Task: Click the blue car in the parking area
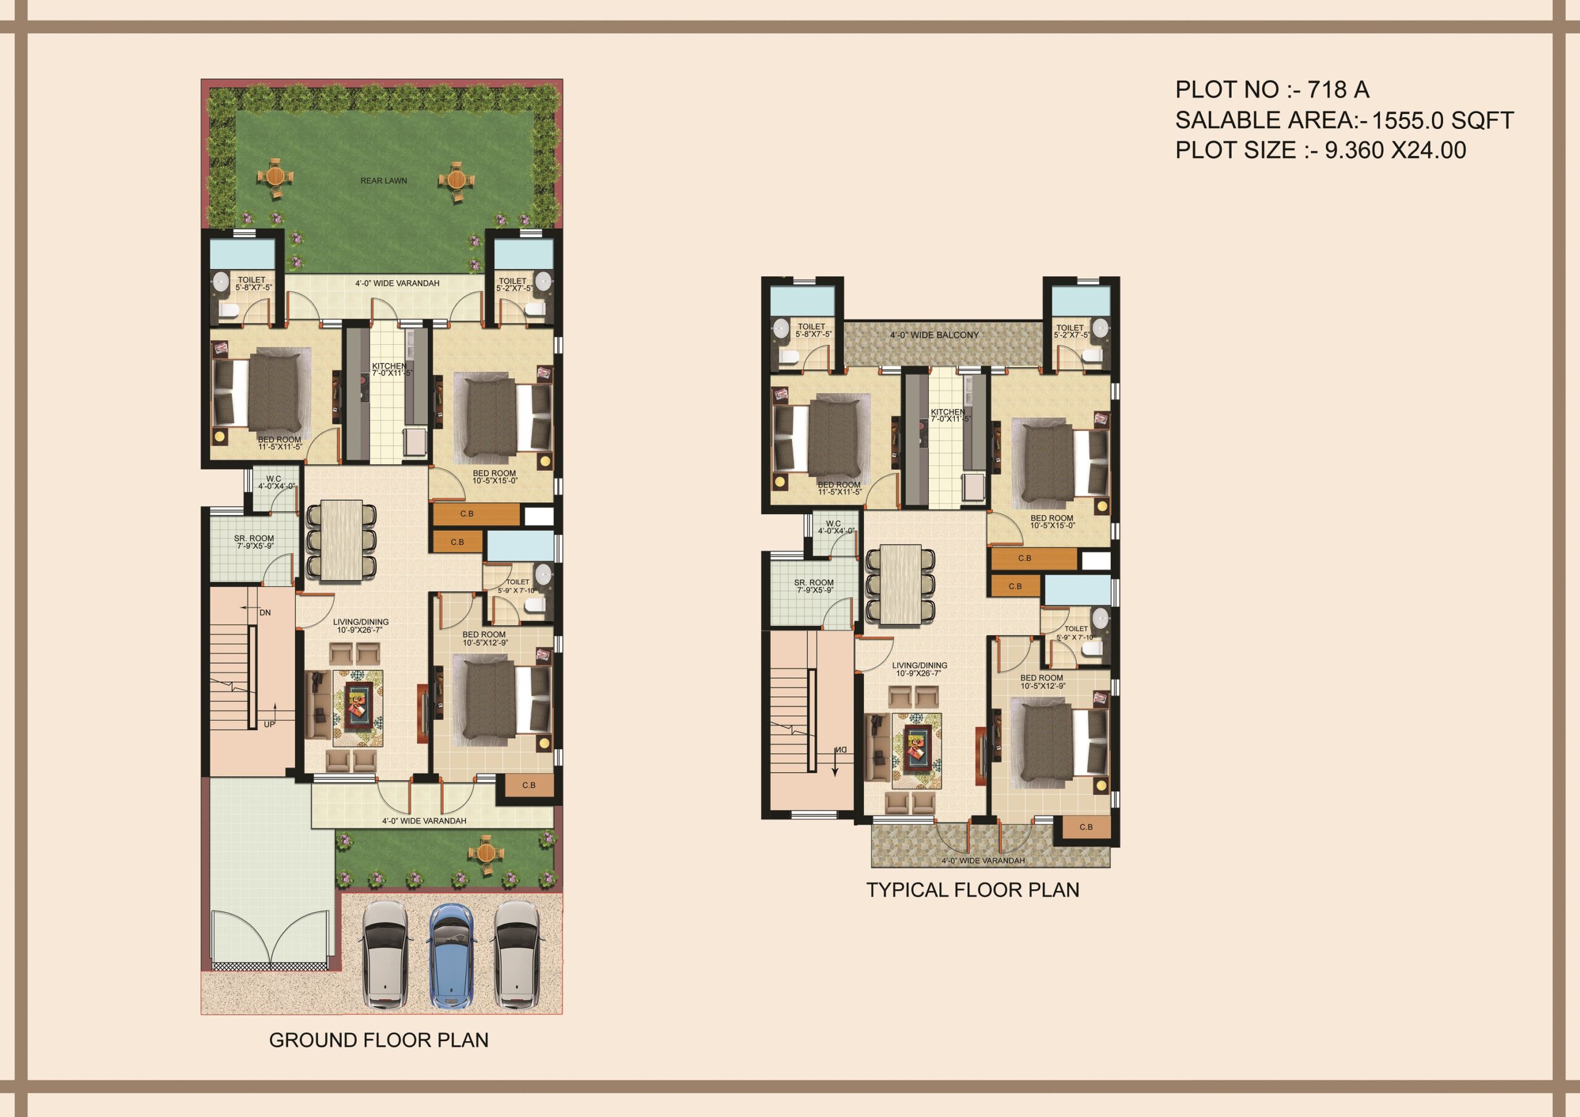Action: pyautogui.click(x=451, y=956)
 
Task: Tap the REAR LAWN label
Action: pyautogui.click(x=383, y=181)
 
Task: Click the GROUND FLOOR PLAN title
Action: pyautogui.click(x=378, y=1040)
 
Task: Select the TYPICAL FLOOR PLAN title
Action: pyautogui.click(x=972, y=890)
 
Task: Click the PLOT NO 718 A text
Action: pyautogui.click(x=1271, y=90)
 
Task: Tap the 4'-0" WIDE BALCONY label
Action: pyautogui.click(x=934, y=335)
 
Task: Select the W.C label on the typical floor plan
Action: pyautogui.click(x=833, y=524)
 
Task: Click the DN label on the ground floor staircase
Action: pyautogui.click(x=265, y=613)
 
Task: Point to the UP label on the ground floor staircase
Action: pyautogui.click(x=268, y=725)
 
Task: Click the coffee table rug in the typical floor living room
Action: pyautogui.click(x=917, y=752)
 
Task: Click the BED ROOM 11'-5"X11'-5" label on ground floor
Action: pyautogui.click(x=280, y=443)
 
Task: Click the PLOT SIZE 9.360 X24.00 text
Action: pyautogui.click(x=1320, y=151)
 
